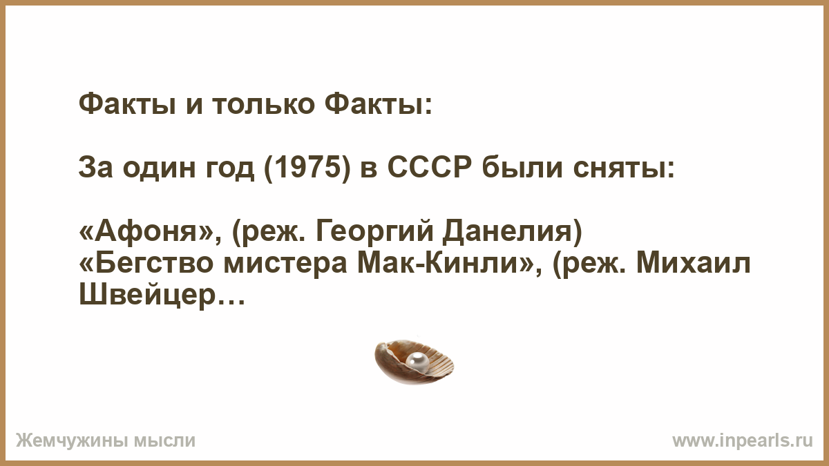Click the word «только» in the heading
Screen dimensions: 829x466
click(x=263, y=104)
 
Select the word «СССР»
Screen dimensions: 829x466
click(x=430, y=168)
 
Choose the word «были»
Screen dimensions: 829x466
click(x=524, y=168)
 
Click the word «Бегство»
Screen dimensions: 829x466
click(x=146, y=263)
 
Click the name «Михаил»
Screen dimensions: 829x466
click(x=694, y=263)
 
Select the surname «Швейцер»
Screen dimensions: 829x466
click(x=147, y=295)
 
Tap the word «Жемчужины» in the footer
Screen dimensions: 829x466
click(x=72, y=441)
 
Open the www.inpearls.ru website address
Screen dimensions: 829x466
click(x=743, y=441)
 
